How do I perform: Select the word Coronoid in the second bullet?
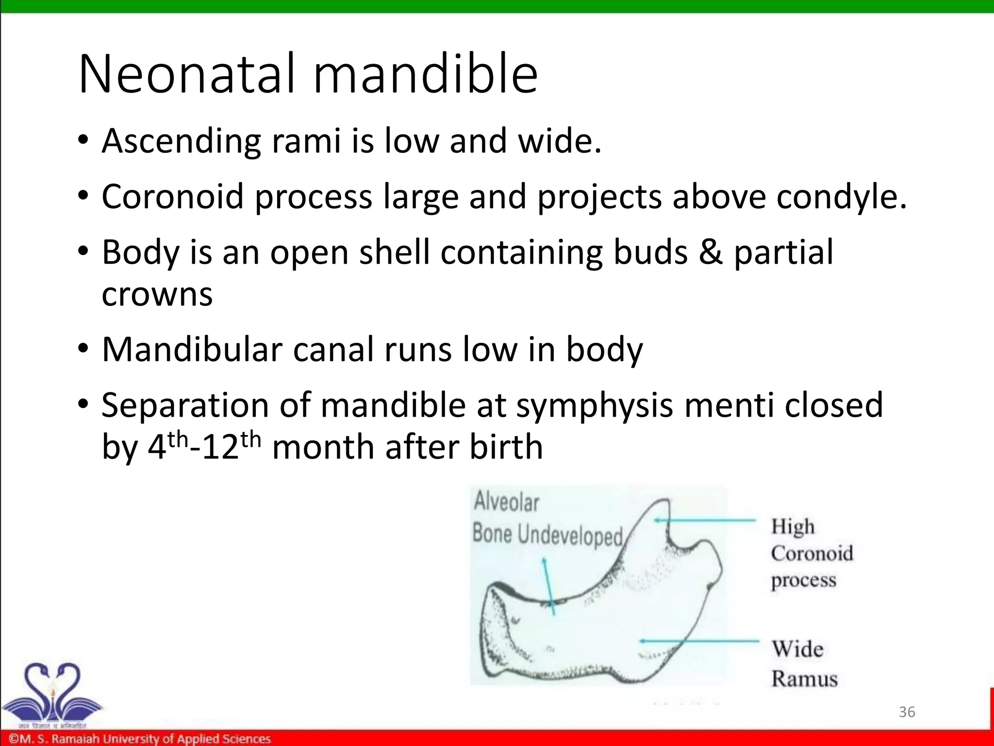pos(172,197)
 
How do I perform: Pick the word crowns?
pos(157,294)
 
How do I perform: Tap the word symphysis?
pos(594,406)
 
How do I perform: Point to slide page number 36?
pos(907,712)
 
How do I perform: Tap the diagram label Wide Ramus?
pos(804,663)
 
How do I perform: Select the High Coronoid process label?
pos(812,553)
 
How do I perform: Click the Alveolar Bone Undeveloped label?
pos(547,518)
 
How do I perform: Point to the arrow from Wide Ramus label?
pos(699,641)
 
